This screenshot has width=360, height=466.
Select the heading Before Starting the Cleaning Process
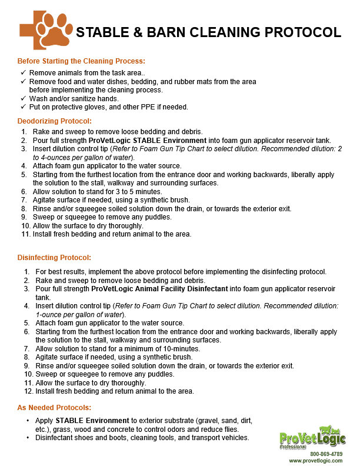coord(81,61)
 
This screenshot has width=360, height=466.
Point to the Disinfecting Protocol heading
coord(54,258)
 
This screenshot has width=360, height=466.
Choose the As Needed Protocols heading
coord(54,408)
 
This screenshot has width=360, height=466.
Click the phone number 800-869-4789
coord(326,454)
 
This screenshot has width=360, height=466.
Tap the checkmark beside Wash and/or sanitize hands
coord(23,98)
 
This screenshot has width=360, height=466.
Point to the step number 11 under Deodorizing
coord(25,234)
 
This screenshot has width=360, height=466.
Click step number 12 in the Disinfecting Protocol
coord(28,391)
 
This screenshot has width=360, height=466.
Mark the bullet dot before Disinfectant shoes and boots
coord(28,438)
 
